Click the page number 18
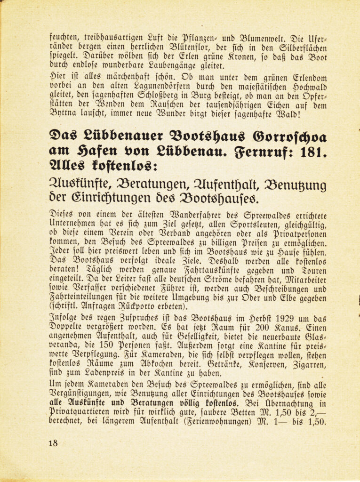coord(53,442)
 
